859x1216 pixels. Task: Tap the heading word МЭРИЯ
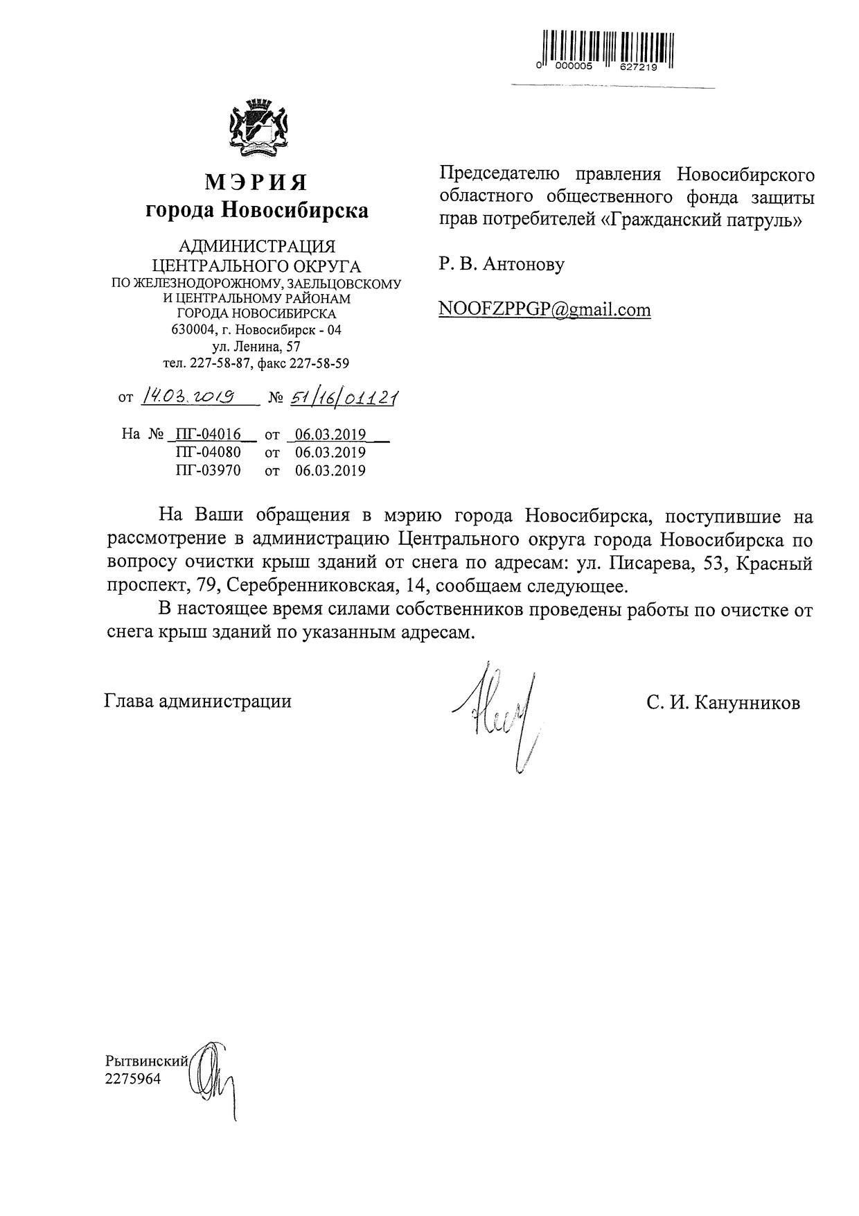point(256,182)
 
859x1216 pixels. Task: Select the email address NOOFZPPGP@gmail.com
point(544,309)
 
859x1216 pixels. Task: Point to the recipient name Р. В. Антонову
point(502,264)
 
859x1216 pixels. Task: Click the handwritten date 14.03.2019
point(187,396)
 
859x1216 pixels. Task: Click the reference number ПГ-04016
point(208,435)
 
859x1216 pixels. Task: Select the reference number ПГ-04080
point(208,453)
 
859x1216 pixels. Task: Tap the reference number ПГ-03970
point(208,471)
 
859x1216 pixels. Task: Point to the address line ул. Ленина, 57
point(256,346)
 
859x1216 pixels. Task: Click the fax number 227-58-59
point(324,363)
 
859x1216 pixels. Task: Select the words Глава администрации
point(197,701)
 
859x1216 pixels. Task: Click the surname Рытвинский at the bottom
point(146,1061)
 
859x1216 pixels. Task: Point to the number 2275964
point(132,1079)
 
